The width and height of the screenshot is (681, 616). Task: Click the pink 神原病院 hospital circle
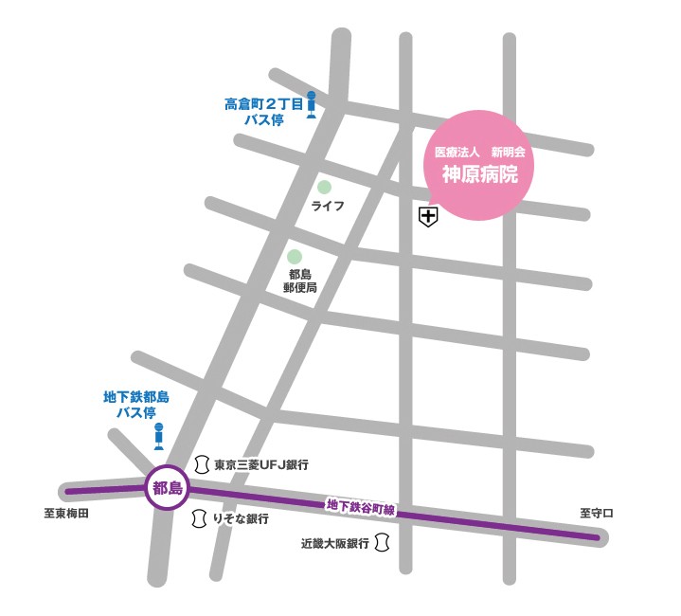click(477, 165)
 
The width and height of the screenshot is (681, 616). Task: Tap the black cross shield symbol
click(428, 218)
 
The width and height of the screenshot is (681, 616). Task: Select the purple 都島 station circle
click(169, 488)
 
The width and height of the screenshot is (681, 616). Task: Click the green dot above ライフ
click(325, 188)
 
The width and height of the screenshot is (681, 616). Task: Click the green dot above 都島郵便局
click(295, 257)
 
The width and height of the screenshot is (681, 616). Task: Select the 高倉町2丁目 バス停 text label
click(263, 112)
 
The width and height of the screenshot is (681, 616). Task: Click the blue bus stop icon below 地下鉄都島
click(158, 436)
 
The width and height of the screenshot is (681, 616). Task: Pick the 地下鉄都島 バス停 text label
click(136, 405)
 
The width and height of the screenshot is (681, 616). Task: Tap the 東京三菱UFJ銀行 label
click(261, 465)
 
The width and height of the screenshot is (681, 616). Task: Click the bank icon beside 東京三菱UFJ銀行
click(201, 464)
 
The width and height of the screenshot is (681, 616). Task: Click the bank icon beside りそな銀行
click(201, 518)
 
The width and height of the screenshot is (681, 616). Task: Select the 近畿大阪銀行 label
click(334, 544)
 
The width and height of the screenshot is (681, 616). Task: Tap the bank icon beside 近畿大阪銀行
click(383, 543)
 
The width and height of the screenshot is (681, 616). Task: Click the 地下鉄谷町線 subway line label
click(360, 507)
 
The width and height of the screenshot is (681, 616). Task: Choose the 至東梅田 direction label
click(66, 514)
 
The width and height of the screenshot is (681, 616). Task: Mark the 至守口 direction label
click(597, 514)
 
